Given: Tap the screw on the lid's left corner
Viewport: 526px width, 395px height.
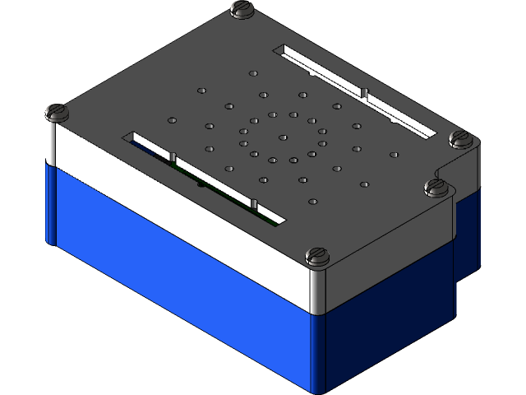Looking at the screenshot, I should [x=57, y=111].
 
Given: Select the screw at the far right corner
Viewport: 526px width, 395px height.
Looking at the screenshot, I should [x=459, y=137].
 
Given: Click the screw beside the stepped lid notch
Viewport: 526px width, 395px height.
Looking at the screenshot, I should [x=436, y=188].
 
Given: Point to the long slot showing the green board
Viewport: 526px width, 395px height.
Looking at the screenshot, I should [x=205, y=176].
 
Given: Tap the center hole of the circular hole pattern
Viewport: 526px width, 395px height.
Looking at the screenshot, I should [x=282, y=137].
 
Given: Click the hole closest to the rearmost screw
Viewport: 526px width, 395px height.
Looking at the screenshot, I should [x=251, y=73].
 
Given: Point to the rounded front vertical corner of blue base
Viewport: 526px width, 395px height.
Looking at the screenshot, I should [x=316, y=354].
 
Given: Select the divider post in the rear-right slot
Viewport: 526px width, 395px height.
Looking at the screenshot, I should [x=362, y=89].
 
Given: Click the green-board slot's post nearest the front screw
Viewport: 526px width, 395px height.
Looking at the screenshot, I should [x=254, y=202].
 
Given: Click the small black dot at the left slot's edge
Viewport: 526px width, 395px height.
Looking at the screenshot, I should [x=201, y=184].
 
